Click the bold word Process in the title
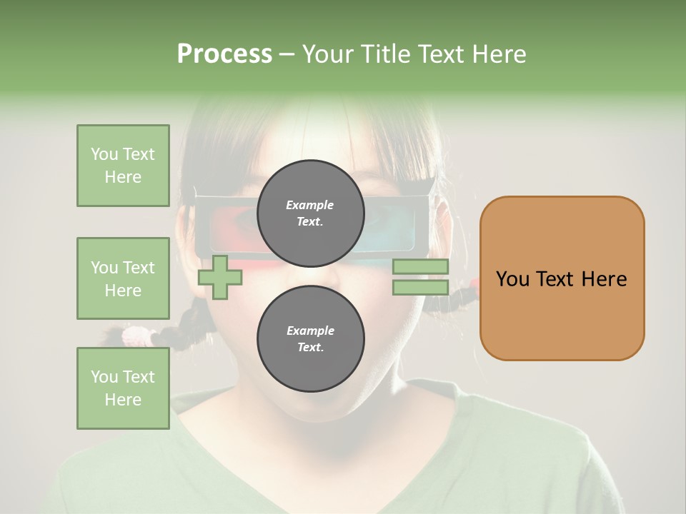pos(224,54)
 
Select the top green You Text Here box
pos(123,166)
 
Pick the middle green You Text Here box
pos(123,278)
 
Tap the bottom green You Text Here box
pos(123,388)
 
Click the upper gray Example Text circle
pos(310,213)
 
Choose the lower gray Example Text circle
pos(310,338)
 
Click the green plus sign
pos(219,277)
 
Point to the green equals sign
pos(420,277)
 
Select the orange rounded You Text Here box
pos(562,278)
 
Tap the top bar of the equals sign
pos(420,266)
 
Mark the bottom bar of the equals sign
pos(420,288)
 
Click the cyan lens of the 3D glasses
pos(382,239)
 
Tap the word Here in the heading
pos(499,54)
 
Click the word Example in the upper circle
pos(310,205)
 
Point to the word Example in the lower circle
pos(310,331)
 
